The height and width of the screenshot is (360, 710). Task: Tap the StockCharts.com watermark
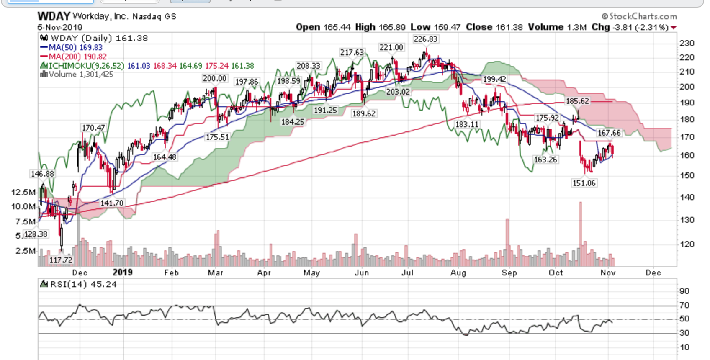coord(639,16)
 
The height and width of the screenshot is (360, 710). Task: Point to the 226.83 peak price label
coord(425,39)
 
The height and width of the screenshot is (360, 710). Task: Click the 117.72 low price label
coord(61,260)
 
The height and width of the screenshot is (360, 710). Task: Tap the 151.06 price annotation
coord(584,183)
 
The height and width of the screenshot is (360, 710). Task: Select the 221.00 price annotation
coord(391,47)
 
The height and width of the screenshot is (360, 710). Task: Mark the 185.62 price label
coord(577,101)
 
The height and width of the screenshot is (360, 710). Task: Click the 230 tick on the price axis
coord(687,43)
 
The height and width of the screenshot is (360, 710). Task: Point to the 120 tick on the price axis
coord(687,244)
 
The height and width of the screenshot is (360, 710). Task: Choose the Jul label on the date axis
coord(407,273)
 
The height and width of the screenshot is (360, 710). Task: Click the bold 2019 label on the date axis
coord(122,273)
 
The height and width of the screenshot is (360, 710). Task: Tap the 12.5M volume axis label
coord(23,192)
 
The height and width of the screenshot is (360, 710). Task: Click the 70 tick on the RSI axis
coord(684,305)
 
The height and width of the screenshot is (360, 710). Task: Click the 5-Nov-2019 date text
coord(60,27)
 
